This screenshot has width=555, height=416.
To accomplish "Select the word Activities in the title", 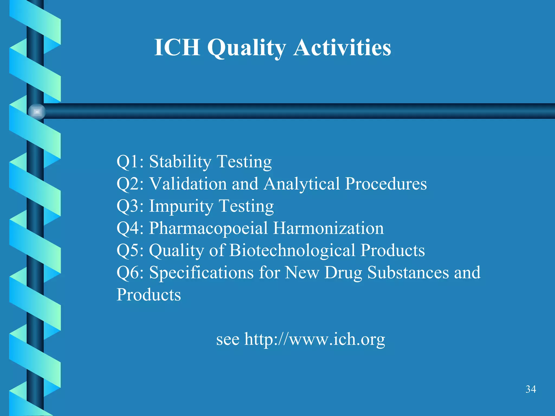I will pos(342,47).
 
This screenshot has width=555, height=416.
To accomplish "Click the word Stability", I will pos(180,162).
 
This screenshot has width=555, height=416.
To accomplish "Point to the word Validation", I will pos(188,184).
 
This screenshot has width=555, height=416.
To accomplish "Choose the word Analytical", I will pos(301,184).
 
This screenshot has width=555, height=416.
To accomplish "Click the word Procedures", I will pos(386,184).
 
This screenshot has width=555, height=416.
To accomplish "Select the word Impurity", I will pos(181,206).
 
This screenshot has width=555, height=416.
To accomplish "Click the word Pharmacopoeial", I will pos(208,228).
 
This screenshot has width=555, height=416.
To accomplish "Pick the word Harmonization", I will pos(328,228).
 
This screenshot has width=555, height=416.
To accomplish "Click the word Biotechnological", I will pos(292,250).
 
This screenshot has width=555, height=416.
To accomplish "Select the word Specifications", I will pos(201,272).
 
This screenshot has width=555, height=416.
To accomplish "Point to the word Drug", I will pos(343,273).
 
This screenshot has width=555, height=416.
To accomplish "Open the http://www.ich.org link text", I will pos(314,339).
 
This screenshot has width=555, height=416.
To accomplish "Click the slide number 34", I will pos(531,389).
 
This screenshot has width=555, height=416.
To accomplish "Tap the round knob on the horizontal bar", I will pos(37,112).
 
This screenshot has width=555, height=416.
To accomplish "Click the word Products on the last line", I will pos(149,295).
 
